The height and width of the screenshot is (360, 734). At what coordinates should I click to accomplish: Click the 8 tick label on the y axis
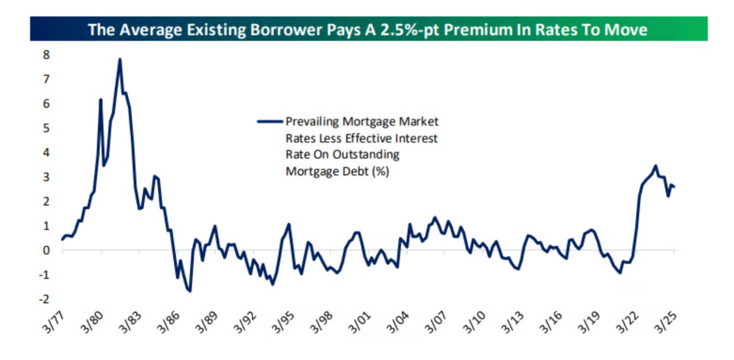[x=46, y=55]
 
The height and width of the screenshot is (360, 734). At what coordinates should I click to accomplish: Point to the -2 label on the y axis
[x=44, y=299]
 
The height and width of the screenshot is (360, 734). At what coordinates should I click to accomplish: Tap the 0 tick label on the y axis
[x=46, y=250]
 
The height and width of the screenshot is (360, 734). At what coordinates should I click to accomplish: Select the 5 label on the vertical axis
[x=46, y=128]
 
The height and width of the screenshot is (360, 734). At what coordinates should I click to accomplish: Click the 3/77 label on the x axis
[x=54, y=323]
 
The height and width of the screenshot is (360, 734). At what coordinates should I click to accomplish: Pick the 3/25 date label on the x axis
[x=665, y=323]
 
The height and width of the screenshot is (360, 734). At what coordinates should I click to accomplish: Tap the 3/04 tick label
[x=398, y=323]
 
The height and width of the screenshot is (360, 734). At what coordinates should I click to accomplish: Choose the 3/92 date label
[x=245, y=323]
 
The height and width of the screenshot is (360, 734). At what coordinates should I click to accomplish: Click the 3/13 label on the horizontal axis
[x=512, y=323]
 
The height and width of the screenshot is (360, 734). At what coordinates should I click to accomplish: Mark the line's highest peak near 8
[x=120, y=59]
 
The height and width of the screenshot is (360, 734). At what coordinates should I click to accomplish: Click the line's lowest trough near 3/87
[x=190, y=291]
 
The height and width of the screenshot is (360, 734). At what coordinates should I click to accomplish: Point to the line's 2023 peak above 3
[x=656, y=166]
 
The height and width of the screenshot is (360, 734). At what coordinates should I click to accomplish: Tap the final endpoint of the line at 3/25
[x=674, y=187]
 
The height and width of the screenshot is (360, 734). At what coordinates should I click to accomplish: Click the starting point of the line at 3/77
[x=62, y=240]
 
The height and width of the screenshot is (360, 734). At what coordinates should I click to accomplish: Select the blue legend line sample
[x=270, y=122]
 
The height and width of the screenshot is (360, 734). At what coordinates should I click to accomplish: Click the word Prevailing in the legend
[x=312, y=122]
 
